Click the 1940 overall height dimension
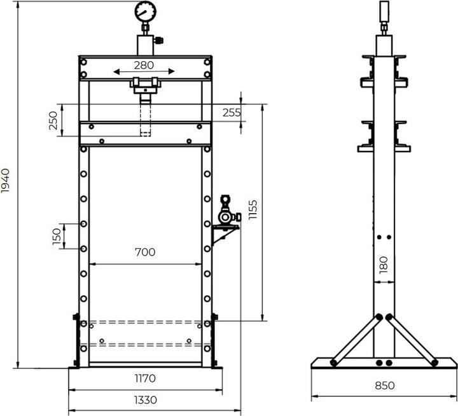coord(6,181)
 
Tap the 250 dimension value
coord(53,120)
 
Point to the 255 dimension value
coord(232,113)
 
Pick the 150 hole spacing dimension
coord(57,236)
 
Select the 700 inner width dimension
coord(145,253)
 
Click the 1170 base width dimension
coord(145,378)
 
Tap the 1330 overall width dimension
coord(146,400)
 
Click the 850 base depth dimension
coord(384,385)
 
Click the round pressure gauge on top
coord(146,12)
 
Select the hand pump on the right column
coord(225,212)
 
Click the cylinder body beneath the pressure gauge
coord(146,45)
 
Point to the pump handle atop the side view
coord(384,12)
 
